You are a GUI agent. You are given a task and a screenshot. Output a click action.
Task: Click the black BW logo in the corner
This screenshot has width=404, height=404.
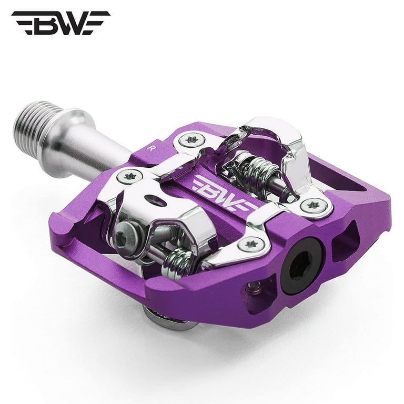[60, 23]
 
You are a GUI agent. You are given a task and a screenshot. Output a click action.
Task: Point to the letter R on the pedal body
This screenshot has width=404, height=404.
[149, 148]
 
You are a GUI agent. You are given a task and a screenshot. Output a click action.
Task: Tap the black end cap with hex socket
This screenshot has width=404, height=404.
[303, 267]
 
